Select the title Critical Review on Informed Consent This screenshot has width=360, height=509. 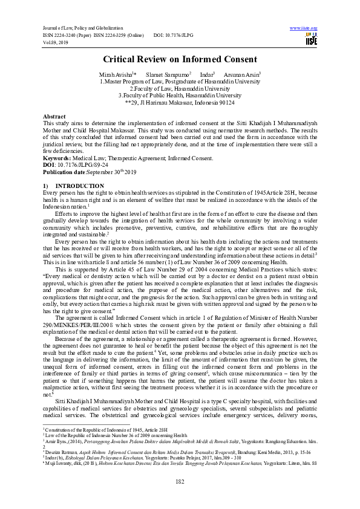pos(180,59)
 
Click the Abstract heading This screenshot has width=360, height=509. pos(54,115)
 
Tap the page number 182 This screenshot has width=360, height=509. pos(180,481)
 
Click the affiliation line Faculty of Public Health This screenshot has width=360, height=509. pos(180,95)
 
